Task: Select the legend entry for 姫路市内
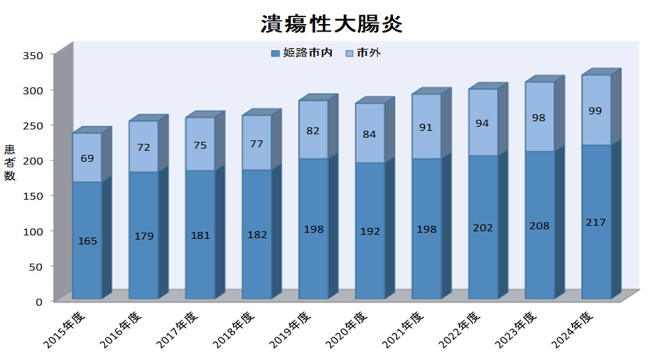click(302, 53)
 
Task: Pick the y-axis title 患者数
click(10, 162)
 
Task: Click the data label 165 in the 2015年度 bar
click(87, 241)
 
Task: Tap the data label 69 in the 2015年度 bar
click(87, 159)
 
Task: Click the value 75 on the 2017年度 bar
click(200, 145)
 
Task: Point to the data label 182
click(257, 235)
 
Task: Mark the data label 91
click(427, 127)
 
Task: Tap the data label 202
click(483, 228)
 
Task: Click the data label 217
click(596, 222)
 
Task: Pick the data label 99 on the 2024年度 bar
click(596, 110)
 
